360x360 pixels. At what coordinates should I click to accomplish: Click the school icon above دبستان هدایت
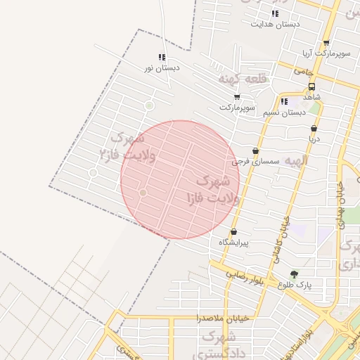pyautogui.click(x=275, y=13)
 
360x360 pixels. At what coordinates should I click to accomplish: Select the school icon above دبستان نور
pyautogui.click(x=162, y=58)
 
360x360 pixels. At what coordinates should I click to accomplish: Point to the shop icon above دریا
pyautogui.click(x=314, y=129)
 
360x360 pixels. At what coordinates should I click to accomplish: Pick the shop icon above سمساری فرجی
pyautogui.click(x=255, y=151)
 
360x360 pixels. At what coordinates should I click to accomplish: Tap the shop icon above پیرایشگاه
pyautogui.click(x=233, y=232)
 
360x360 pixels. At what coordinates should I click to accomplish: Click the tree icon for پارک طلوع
pyautogui.click(x=294, y=274)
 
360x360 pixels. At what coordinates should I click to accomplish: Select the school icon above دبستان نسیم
pyautogui.click(x=284, y=101)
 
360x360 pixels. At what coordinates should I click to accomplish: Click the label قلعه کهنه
pyautogui.click(x=243, y=78)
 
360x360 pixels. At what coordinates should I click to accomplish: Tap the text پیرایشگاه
pyautogui.click(x=234, y=242)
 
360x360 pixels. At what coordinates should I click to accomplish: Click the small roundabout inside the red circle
pyautogui.click(x=143, y=192)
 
